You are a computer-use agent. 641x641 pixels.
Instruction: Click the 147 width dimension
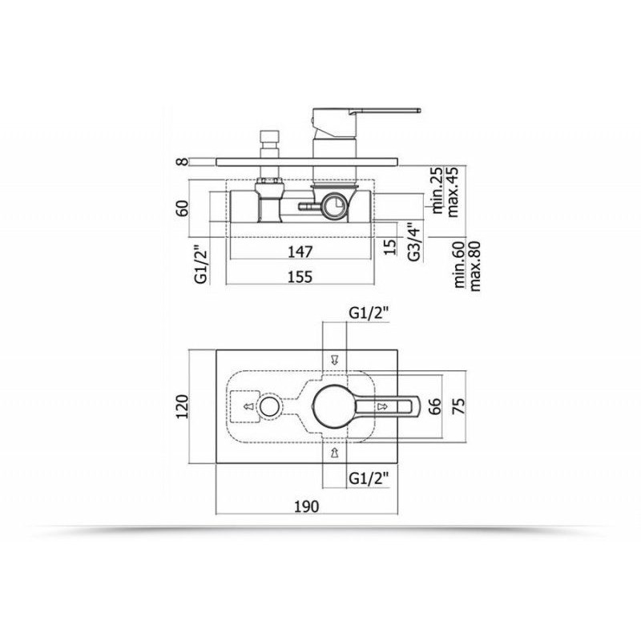300,252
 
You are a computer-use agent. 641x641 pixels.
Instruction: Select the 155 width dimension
300,276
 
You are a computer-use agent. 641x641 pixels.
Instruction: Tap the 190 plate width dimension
307,506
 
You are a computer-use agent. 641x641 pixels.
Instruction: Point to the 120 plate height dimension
182,406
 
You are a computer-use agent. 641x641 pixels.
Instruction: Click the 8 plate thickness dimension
183,162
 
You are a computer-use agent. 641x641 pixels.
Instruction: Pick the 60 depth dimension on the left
183,208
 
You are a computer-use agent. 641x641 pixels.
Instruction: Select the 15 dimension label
391,247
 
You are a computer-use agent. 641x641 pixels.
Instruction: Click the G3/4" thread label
413,242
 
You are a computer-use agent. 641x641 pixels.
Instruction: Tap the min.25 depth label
437,190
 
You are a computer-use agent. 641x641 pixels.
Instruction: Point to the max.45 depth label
453,191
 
